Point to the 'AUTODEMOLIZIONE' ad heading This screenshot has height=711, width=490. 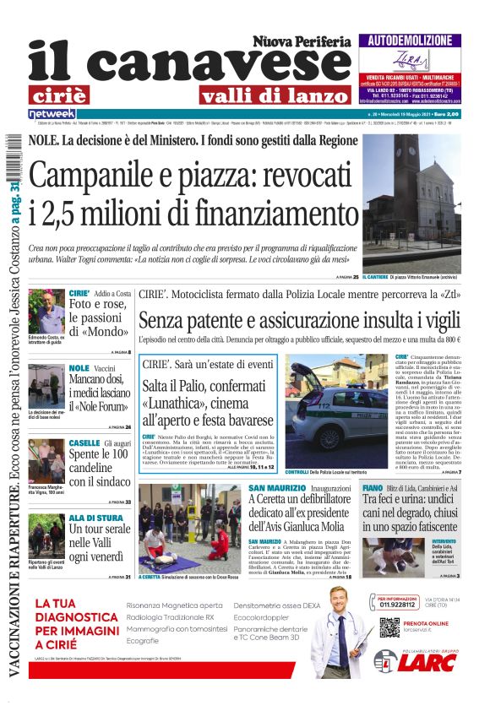[410, 40]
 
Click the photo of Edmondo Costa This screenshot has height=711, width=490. [46, 311]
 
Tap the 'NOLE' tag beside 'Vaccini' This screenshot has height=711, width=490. [79, 368]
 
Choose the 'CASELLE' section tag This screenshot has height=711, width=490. [84, 443]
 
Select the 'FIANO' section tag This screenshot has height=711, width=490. [373, 488]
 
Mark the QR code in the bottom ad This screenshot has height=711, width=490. [389, 628]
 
